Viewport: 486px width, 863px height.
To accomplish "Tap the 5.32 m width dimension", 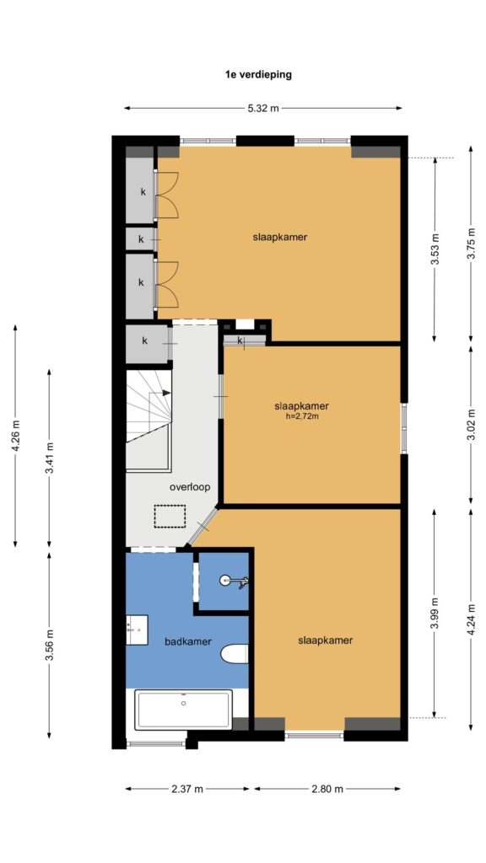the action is [x=263, y=109].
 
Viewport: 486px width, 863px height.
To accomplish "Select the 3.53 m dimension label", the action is [x=435, y=249].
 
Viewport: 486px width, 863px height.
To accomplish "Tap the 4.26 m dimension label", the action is [x=15, y=436].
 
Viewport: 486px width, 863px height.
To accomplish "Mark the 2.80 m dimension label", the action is [x=327, y=789].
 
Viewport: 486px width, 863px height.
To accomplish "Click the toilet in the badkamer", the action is [x=235, y=654].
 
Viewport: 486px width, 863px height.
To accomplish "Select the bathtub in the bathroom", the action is [x=183, y=710].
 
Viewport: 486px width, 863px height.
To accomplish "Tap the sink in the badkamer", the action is [x=137, y=630].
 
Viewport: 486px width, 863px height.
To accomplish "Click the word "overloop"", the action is [x=190, y=487].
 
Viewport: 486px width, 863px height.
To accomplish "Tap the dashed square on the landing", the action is [x=170, y=517].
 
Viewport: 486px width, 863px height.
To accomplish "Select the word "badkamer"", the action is [x=188, y=641].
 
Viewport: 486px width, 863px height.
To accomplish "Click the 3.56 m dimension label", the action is [x=50, y=646].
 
